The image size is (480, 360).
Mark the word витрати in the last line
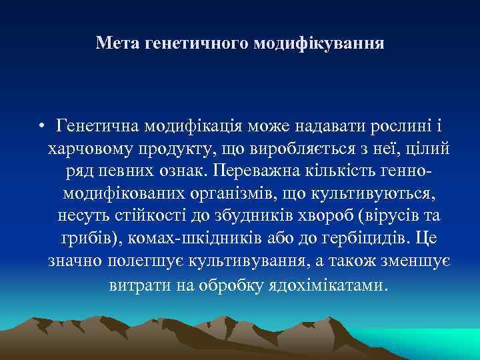tap(135, 285)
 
